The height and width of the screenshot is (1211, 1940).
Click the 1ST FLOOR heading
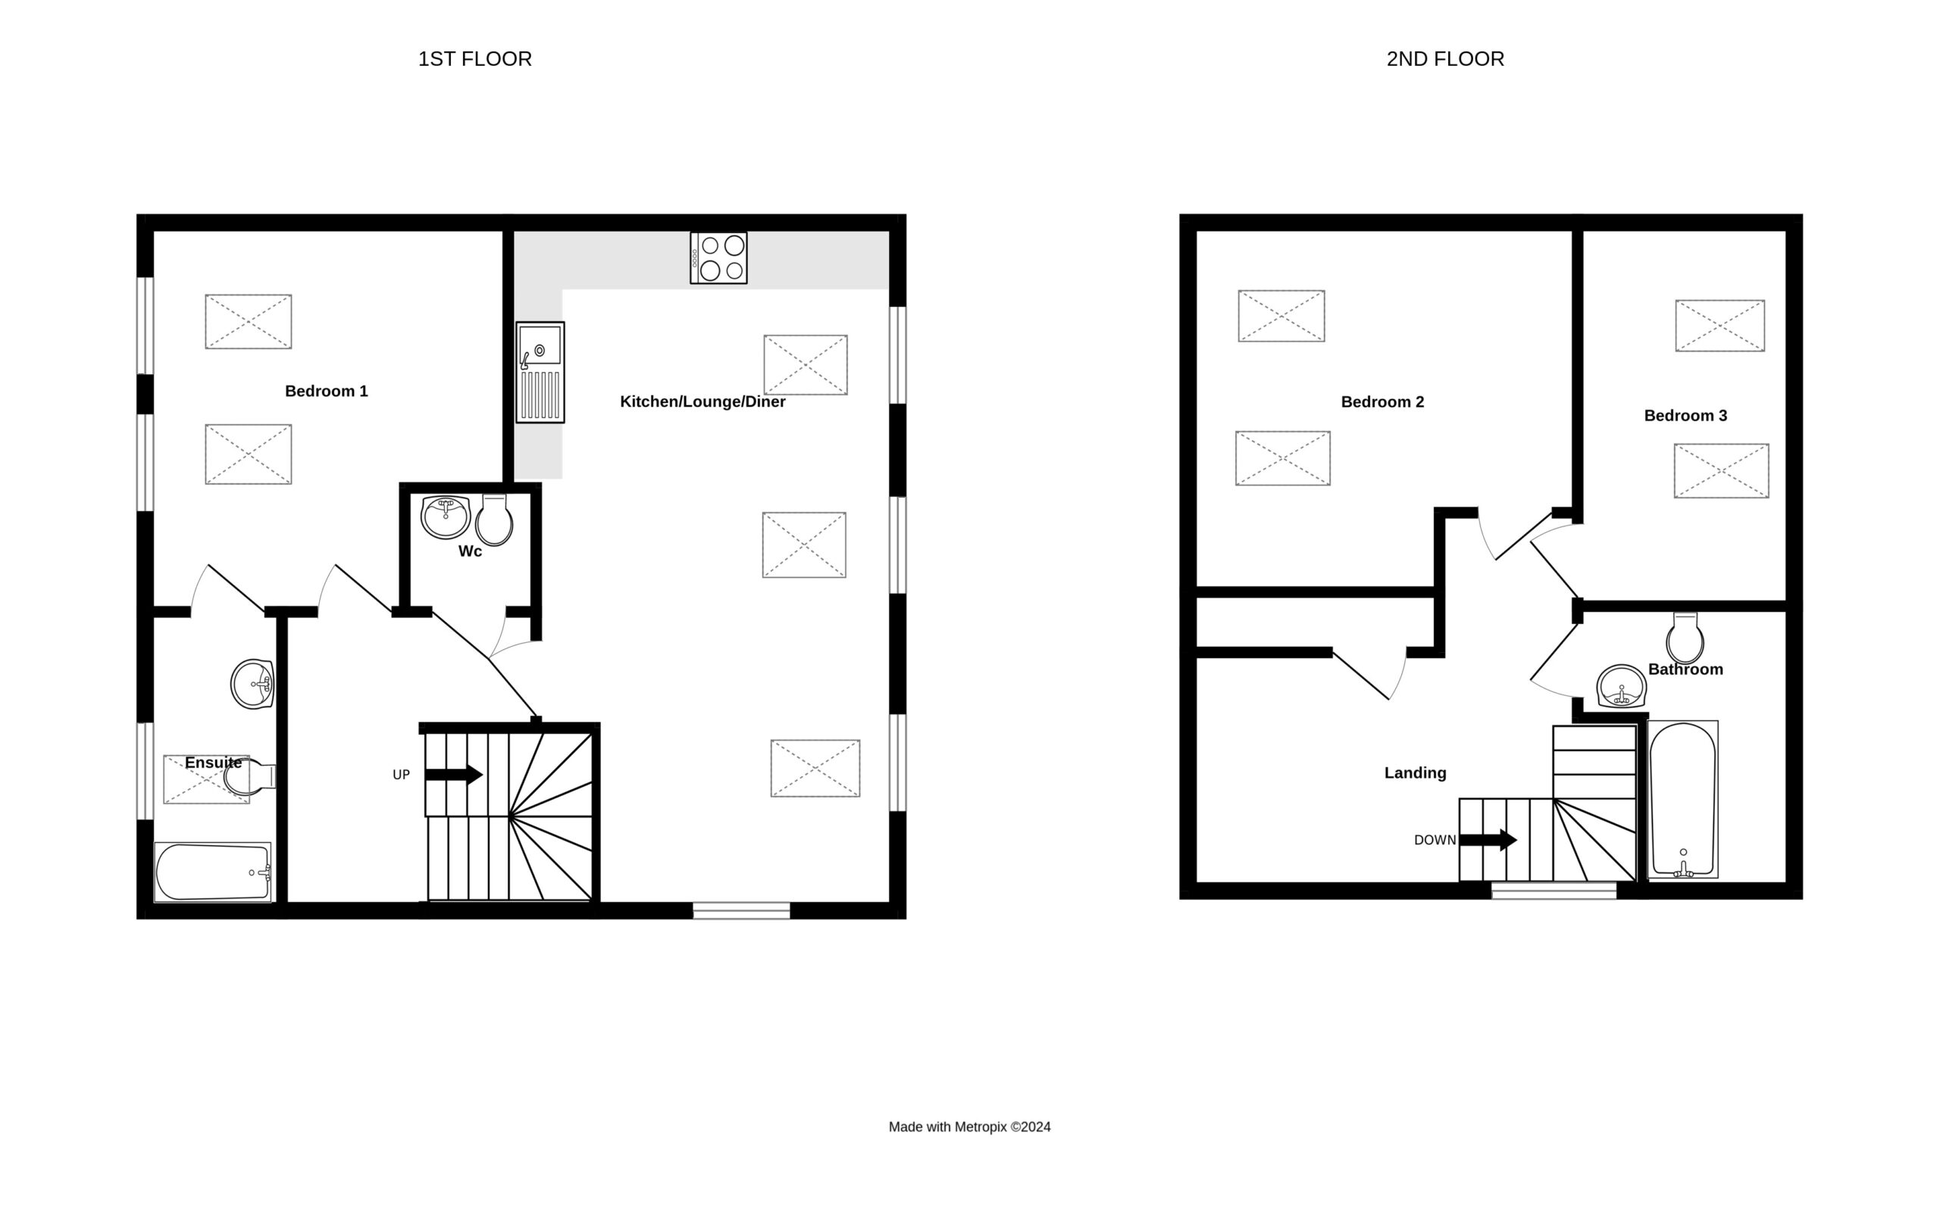coord(474,59)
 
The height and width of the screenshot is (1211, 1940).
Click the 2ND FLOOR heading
coord(1445,59)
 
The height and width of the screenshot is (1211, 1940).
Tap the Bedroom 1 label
coord(326,391)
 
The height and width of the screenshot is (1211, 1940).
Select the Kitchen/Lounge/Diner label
coord(702,402)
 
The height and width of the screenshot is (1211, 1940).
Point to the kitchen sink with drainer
coord(540,373)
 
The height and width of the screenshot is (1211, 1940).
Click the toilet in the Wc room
coord(493,520)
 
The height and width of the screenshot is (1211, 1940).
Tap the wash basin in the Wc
coord(446,517)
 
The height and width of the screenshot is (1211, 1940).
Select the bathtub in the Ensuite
coord(212,872)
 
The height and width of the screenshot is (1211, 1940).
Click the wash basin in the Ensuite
coord(253,684)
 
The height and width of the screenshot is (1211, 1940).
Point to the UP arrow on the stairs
coord(453,775)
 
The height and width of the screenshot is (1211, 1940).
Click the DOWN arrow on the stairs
coord(1488,840)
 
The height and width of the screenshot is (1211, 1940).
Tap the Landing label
coord(1415,773)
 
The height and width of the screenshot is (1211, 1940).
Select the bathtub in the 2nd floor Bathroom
coord(1683,799)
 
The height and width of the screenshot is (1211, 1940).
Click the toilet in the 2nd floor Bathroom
coord(1685,638)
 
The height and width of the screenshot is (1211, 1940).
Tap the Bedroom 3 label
coord(1685,416)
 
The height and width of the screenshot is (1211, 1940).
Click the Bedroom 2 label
coord(1382,402)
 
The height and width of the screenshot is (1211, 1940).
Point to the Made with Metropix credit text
coord(969,1127)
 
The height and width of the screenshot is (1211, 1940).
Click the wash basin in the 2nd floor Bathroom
coord(1622,686)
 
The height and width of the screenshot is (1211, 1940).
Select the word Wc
coord(471,551)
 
